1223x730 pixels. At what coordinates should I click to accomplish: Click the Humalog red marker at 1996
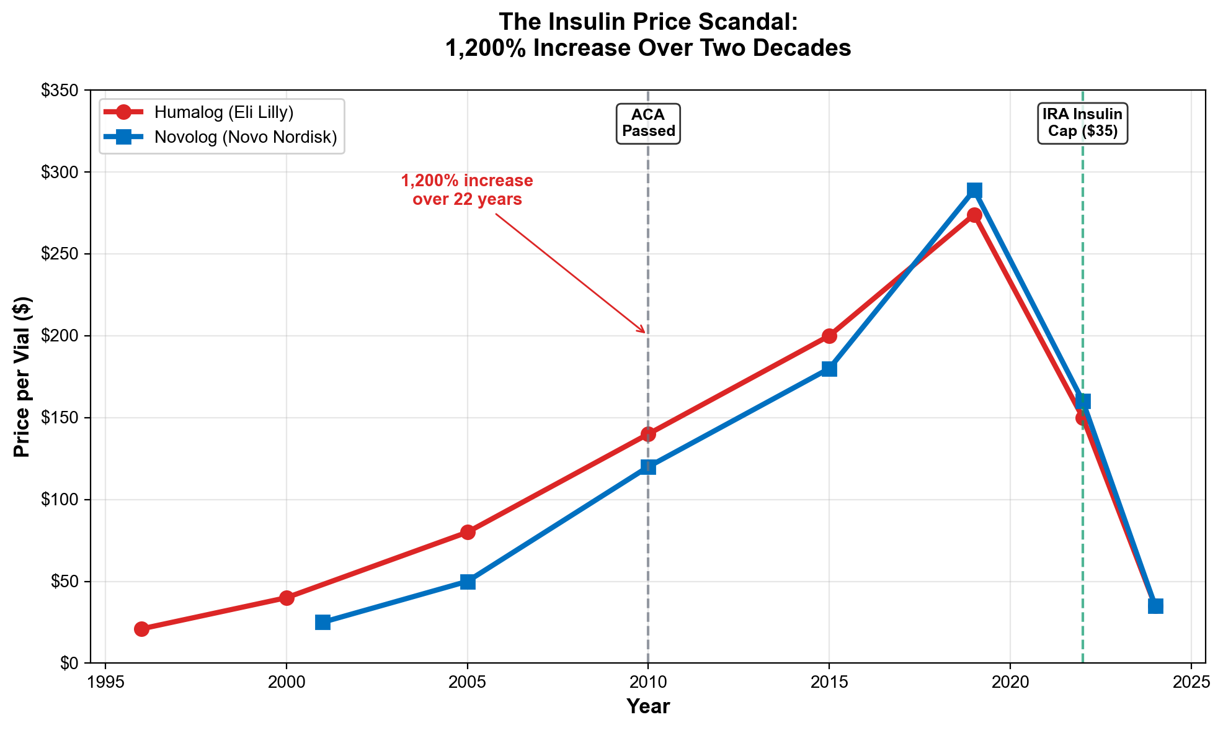coord(141,629)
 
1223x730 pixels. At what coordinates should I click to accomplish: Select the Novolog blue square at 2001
coord(322,622)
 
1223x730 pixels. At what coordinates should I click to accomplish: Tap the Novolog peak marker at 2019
coord(974,190)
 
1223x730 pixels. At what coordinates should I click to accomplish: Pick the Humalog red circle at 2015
coord(829,336)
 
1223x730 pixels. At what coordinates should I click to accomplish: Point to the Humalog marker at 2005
coord(468,532)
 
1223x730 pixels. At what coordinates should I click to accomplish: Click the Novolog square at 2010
coord(648,467)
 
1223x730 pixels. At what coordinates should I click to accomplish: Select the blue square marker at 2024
coord(1155,606)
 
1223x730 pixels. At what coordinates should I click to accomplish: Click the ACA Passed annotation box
coord(648,124)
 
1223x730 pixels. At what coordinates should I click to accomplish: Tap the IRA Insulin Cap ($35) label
coord(1082,124)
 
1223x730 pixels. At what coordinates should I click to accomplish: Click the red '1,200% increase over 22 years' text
coord(467,190)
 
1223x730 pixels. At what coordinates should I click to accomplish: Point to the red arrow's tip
coord(646,333)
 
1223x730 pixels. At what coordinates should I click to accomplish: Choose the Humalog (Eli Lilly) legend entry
coord(223,112)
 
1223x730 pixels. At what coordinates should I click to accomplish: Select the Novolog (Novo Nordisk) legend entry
coord(245,137)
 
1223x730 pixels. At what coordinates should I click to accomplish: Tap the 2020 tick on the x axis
coord(1010,682)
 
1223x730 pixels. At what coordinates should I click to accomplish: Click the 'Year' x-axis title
coord(648,706)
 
